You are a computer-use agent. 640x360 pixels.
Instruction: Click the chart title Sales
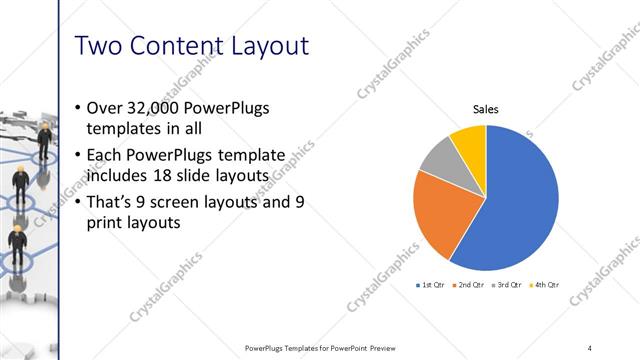(x=485, y=109)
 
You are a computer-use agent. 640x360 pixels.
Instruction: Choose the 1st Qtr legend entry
(x=430, y=285)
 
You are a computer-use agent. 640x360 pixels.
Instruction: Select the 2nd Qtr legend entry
(x=470, y=285)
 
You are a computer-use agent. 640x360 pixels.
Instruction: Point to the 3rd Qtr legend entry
(x=508, y=285)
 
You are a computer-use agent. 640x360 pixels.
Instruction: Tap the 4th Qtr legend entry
(x=546, y=285)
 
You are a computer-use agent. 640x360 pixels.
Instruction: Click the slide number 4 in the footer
(x=590, y=348)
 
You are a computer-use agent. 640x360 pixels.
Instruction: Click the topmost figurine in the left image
(x=45, y=137)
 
